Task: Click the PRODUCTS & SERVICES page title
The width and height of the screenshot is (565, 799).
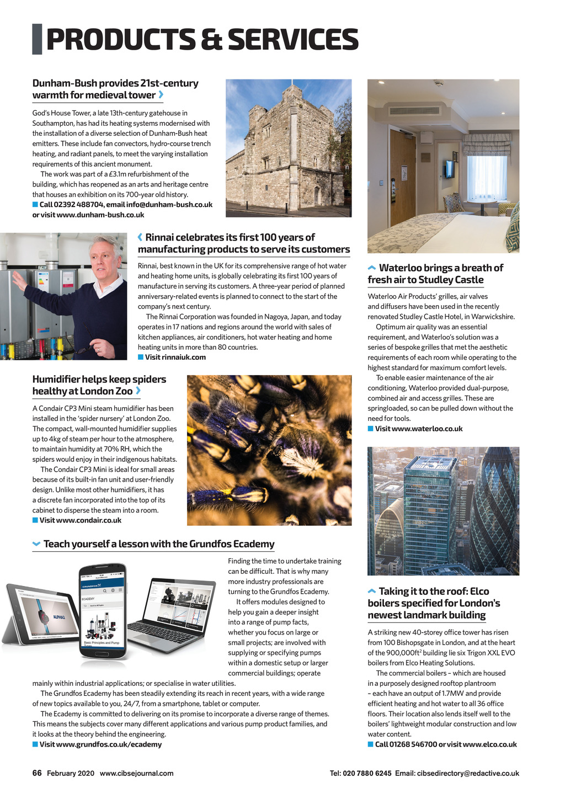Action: [x=202, y=39]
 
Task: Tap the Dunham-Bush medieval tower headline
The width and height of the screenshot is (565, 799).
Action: [x=115, y=89]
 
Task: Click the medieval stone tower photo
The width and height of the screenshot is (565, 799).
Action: [x=288, y=148]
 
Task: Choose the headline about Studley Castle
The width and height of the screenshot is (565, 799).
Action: [x=435, y=274]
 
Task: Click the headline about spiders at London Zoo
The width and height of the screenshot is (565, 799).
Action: [x=99, y=385]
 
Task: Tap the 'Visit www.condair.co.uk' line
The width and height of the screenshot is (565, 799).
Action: [x=80, y=520]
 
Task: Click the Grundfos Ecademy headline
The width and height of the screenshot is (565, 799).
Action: [x=158, y=544]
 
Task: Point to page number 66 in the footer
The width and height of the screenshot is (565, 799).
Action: [x=37, y=773]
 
